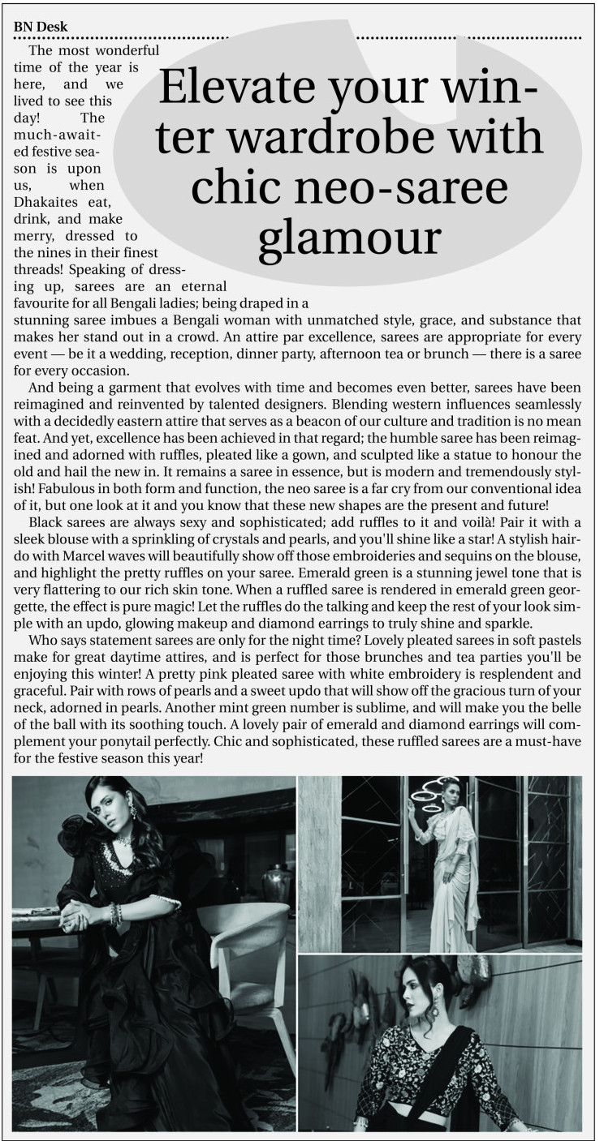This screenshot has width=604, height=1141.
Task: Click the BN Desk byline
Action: point(41,27)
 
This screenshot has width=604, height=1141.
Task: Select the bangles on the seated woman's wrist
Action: point(116,914)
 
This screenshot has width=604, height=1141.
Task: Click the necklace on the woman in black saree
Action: point(124,839)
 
